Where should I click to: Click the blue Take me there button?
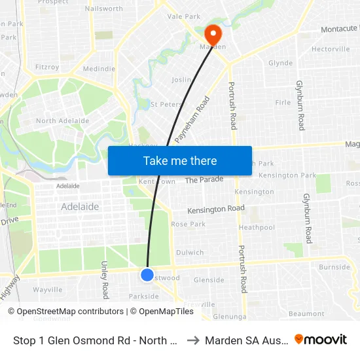pyautogui.click(x=180, y=161)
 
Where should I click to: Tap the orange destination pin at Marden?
pyautogui.click(x=213, y=34)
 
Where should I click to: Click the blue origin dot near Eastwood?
pyautogui.click(x=147, y=275)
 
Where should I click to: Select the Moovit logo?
pyautogui.click(x=321, y=339)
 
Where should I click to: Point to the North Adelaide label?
pyautogui.click(x=63, y=121)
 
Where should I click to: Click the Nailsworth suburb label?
pyautogui.click(x=103, y=9)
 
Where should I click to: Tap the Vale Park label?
pyautogui.click(x=184, y=16)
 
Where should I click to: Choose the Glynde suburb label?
pyautogui.click(x=280, y=63)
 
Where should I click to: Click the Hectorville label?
pyautogui.click(x=331, y=49)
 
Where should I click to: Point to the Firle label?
pyautogui.click(x=283, y=103)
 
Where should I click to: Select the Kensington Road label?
pyautogui.click(x=216, y=209)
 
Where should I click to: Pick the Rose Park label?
pyautogui.click(x=188, y=224)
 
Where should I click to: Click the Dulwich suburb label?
pyautogui.click(x=190, y=253)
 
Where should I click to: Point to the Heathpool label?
pyautogui.click(x=257, y=227)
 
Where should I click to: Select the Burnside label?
pyautogui.click(x=334, y=267)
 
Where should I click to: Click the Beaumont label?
pyautogui.click(x=306, y=314)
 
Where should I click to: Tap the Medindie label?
pyautogui.click(x=99, y=69)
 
